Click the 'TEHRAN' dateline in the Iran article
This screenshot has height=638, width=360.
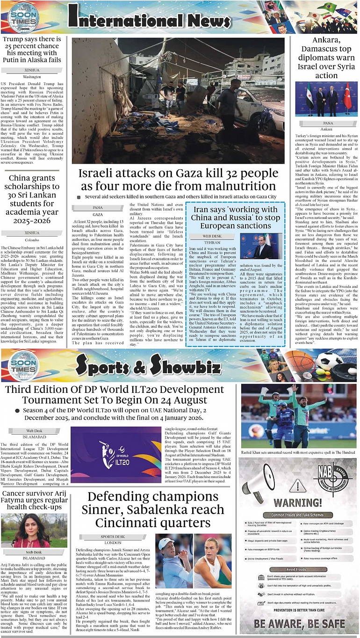click(212, 243)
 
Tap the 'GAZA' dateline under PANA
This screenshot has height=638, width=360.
click(98, 214)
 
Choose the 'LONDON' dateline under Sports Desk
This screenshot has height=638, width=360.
click(113, 543)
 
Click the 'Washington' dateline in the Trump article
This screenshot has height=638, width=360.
click(32, 76)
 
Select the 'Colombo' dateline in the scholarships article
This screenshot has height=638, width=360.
click(32, 239)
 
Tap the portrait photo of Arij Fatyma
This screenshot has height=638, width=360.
click(34, 531)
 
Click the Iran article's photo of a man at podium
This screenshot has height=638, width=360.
click(261, 246)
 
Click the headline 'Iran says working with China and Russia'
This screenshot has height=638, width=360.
click(235, 217)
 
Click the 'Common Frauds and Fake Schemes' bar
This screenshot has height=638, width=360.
click(298, 515)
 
